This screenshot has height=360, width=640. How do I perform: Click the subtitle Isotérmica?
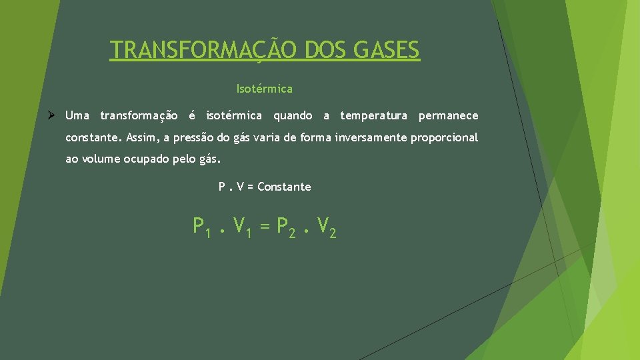(264, 88)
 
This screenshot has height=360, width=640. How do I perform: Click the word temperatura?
(373, 116)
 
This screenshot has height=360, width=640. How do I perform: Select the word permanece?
(448, 116)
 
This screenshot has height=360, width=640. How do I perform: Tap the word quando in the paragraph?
(293, 116)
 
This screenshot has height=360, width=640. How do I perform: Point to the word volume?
(101, 160)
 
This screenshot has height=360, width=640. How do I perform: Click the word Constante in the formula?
(284, 187)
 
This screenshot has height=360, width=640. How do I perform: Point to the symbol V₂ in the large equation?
(326, 227)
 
